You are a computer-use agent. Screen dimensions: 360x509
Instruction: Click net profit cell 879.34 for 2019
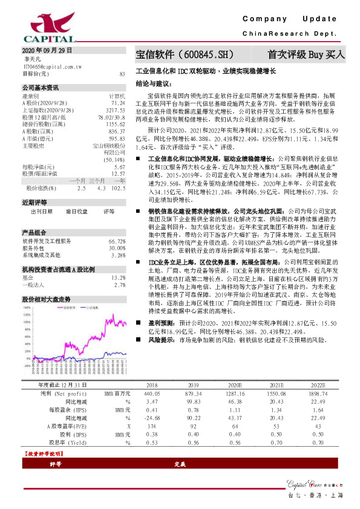[x=194, y=394]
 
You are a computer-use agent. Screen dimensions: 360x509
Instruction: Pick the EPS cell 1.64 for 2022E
[x=318, y=409]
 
